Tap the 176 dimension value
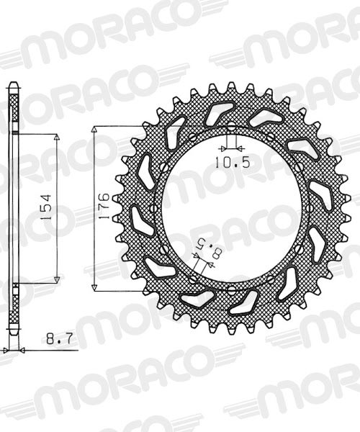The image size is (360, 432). tap(105, 207)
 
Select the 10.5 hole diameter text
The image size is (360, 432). tap(232, 163)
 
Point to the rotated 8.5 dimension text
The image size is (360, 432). tap(199, 251)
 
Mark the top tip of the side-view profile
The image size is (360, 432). tap(13, 85)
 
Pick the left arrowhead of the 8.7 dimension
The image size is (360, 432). tap(6, 350)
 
